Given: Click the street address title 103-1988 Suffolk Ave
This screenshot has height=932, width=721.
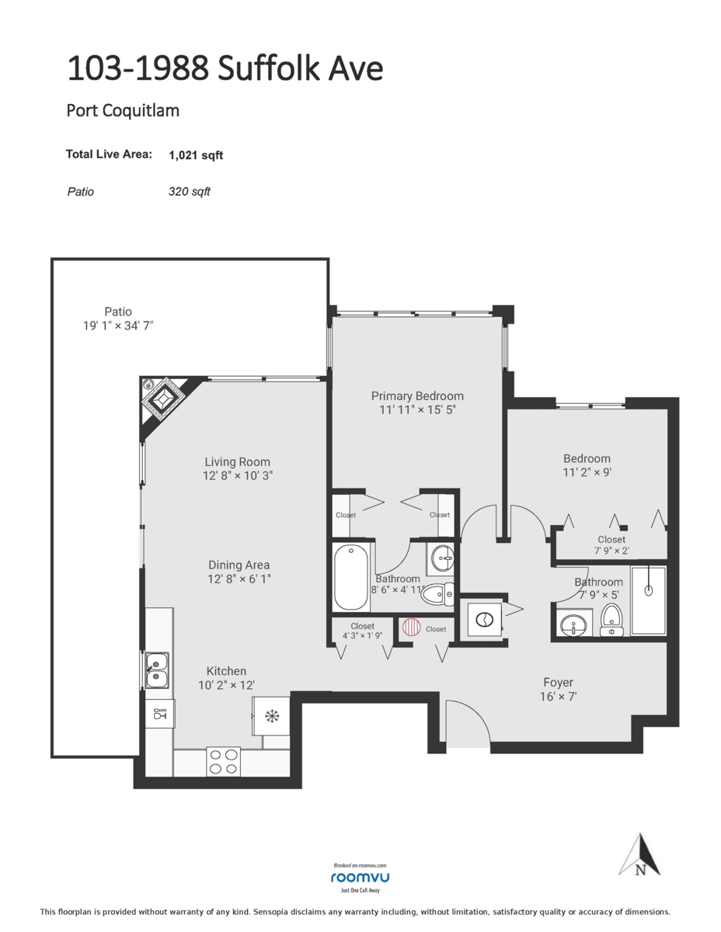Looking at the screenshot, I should tap(225, 68).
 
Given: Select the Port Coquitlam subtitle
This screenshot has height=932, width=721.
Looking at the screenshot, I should tap(123, 110).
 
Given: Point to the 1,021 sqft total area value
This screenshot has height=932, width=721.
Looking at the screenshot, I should tap(196, 155).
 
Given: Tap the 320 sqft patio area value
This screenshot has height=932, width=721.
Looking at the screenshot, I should tap(189, 191).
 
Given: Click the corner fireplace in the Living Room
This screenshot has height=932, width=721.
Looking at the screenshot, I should tap(164, 399).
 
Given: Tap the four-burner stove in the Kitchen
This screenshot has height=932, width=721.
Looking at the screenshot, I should tap(224, 760).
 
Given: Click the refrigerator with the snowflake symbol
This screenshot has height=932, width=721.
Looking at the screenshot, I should tap(271, 715).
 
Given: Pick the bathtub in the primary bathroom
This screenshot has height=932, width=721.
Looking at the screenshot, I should tap(352, 578).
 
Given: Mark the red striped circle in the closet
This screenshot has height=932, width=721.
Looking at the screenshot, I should tap(411, 628).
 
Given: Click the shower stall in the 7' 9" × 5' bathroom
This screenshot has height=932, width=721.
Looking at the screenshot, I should tap(648, 600).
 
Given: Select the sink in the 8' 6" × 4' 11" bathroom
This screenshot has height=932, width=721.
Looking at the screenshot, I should tap(442, 557).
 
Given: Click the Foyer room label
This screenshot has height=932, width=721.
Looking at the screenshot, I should tap(558, 683).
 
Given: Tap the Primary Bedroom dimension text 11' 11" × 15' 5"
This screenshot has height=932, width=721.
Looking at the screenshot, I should tap(417, 410).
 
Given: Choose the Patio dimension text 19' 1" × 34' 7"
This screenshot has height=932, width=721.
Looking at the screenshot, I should tap(118, 326).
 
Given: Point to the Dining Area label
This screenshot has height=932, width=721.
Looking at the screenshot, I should tap(239, 565).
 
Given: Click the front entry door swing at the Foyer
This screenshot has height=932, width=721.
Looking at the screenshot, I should tap(467, 722).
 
